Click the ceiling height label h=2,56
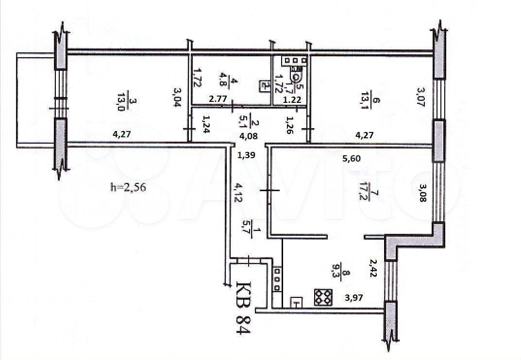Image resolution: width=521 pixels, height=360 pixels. pyautogui.click(x=128, y=188)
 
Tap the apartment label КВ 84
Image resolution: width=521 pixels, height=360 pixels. pyautogui.click(x=243, y=307)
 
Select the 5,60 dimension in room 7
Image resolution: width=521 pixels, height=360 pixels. pyautogui.click(x=352, y=159)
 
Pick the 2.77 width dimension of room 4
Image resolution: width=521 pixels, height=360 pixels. pyautogui.click(x=218, y=98)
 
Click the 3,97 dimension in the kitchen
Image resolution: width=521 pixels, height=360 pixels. pyautogui.click(x=354, y=297)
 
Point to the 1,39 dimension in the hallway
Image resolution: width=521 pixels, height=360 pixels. pyautogui.click(x=246, y=155)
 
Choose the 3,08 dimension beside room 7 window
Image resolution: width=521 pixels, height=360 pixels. pyautogui.click(x=422, y=193)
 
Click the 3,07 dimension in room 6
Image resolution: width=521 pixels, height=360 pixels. pyautogui.click(x=421, y=97)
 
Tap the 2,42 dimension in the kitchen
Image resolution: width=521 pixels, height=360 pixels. pyautogui.click(x=373, y=268)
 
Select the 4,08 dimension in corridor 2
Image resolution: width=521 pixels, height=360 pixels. pyautogui.click(x=249, y=135)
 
